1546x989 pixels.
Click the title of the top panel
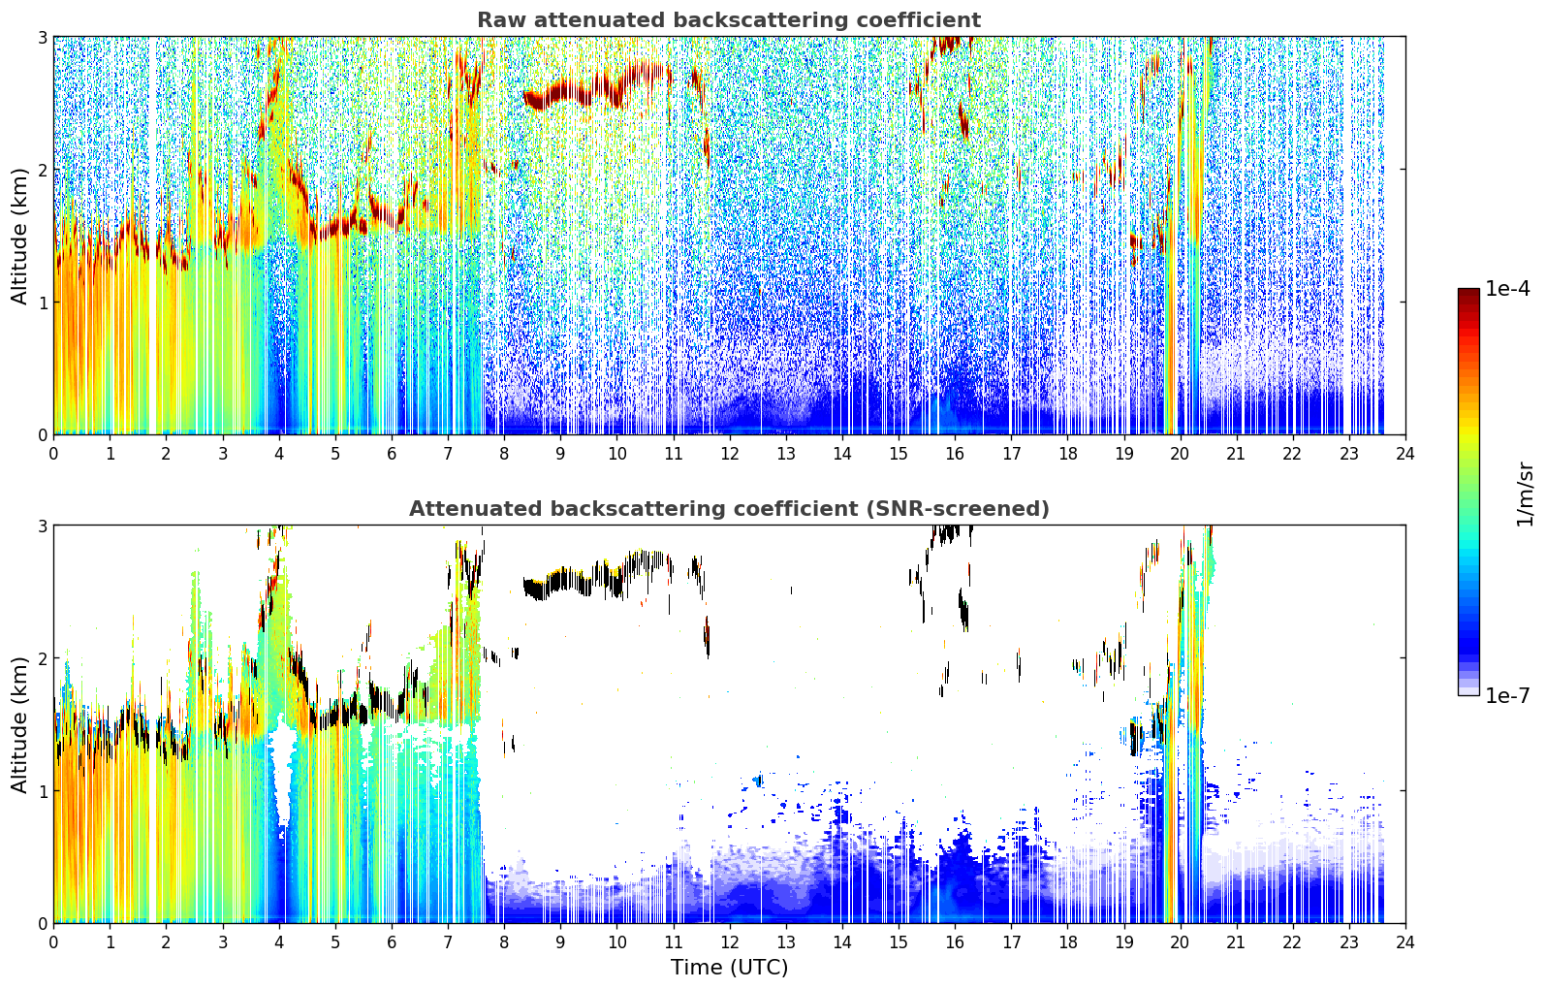pyautogui.click(x=729, y=20)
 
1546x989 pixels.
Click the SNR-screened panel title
pyautogui.click(x=729, y=509)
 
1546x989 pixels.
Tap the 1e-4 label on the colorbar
pyautogui.click(x=1507, y=289)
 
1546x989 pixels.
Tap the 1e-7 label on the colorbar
pyautogui.click(x=1507, y=695)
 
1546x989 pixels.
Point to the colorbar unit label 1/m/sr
pyautogui.click(x=1525, y=495)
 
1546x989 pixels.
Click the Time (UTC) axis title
pyautogui.click(x=729, y=968)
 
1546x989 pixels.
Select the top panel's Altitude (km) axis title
pyautogui.click(x=19, y=237)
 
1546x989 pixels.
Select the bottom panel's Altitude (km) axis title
pyautogui.click(x=19, y=725)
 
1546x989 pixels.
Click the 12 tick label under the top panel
pyautogui.click(x=730, y=454)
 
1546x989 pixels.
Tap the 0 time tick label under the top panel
pyautogui.click(x=54, y=454)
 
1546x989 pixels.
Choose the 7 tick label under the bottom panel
pyautogui.click(x=448, y=942)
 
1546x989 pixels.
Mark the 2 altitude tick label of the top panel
pyautogui.click(x=42, y=170)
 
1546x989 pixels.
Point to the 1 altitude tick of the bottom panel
pyautogui.click(x=42, y=791)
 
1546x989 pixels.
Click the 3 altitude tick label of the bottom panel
pyautogui.click(x=42, y=526)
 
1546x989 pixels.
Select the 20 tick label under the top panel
pyautogui.click(x=1181, y=454)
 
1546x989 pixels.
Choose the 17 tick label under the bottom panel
pyautogui.click(x=1011, y=942)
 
